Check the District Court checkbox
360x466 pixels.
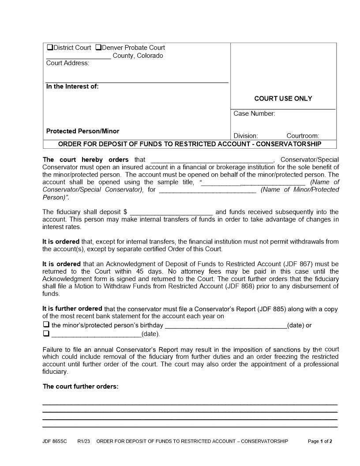click(49, 48)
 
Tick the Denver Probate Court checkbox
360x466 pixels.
click(98, 48)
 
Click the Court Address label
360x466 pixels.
click(67, 63)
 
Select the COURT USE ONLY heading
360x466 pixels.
click(283, 98)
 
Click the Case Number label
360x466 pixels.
click(254, 114)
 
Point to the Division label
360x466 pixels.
click(246, 136)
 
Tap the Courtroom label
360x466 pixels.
click(303, 136)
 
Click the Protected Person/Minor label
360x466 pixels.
click(82, 131)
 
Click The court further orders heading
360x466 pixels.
click(80, 387)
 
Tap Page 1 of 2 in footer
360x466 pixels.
click(320, 441)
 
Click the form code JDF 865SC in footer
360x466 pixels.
click(55, 441)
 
